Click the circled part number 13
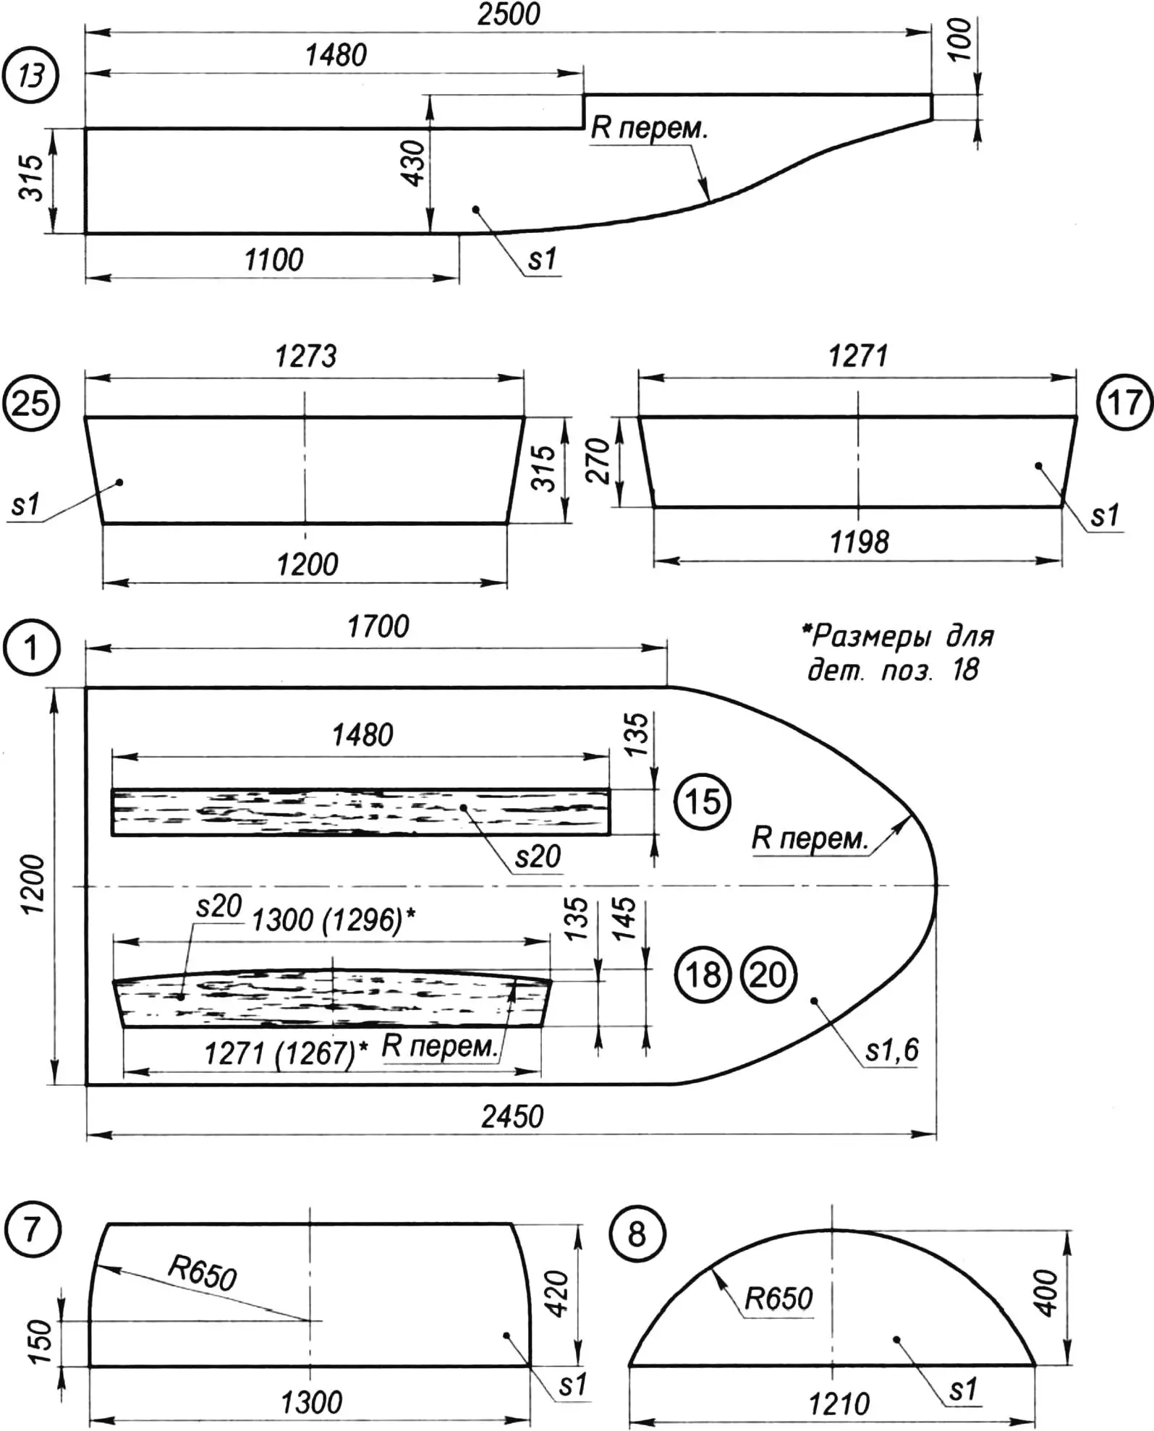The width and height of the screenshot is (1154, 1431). (x=30, y=75)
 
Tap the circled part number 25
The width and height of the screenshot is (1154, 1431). (x=30, y=403)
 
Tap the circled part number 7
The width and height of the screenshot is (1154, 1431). (x=30, y=1229)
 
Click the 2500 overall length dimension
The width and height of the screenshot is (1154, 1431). (x=509, y=14)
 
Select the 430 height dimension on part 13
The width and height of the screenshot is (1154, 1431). (x=414, y=163)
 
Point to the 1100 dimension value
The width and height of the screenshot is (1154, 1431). (x=273, y=260)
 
